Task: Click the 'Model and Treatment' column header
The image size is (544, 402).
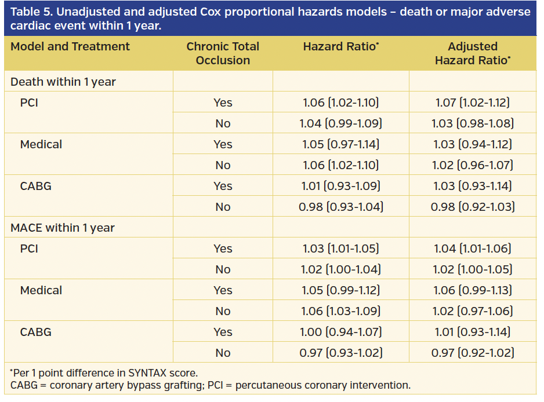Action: point(70,47)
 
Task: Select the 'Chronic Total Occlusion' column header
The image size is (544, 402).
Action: point(223,53)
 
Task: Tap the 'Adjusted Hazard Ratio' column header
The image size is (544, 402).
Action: point(473,53)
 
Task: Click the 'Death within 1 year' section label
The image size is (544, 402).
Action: point(63,82)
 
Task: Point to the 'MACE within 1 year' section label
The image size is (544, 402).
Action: point(63,228)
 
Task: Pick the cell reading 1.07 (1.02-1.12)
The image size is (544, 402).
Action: point(473,103)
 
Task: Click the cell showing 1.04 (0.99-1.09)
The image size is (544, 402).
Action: point(340,123)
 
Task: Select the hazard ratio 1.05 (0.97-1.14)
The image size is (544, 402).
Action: point(340,144)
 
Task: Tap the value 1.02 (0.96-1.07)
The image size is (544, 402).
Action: point(473,165)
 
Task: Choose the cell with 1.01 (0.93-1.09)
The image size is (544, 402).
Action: point(340,186)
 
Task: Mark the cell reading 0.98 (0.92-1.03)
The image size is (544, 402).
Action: point(473,207)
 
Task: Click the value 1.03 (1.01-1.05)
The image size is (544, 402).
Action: point(340,248)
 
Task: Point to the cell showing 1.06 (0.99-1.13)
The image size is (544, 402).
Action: point(473,290)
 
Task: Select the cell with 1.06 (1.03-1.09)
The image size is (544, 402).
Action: point(340,311)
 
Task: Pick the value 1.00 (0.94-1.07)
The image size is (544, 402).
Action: point(340,332)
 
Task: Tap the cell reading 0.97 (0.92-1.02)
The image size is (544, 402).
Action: point(473,353)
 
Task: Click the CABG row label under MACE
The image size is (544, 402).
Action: point(36,332)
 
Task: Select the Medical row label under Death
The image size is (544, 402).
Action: point(41,144)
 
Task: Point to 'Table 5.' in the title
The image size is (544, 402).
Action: point(30,12)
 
